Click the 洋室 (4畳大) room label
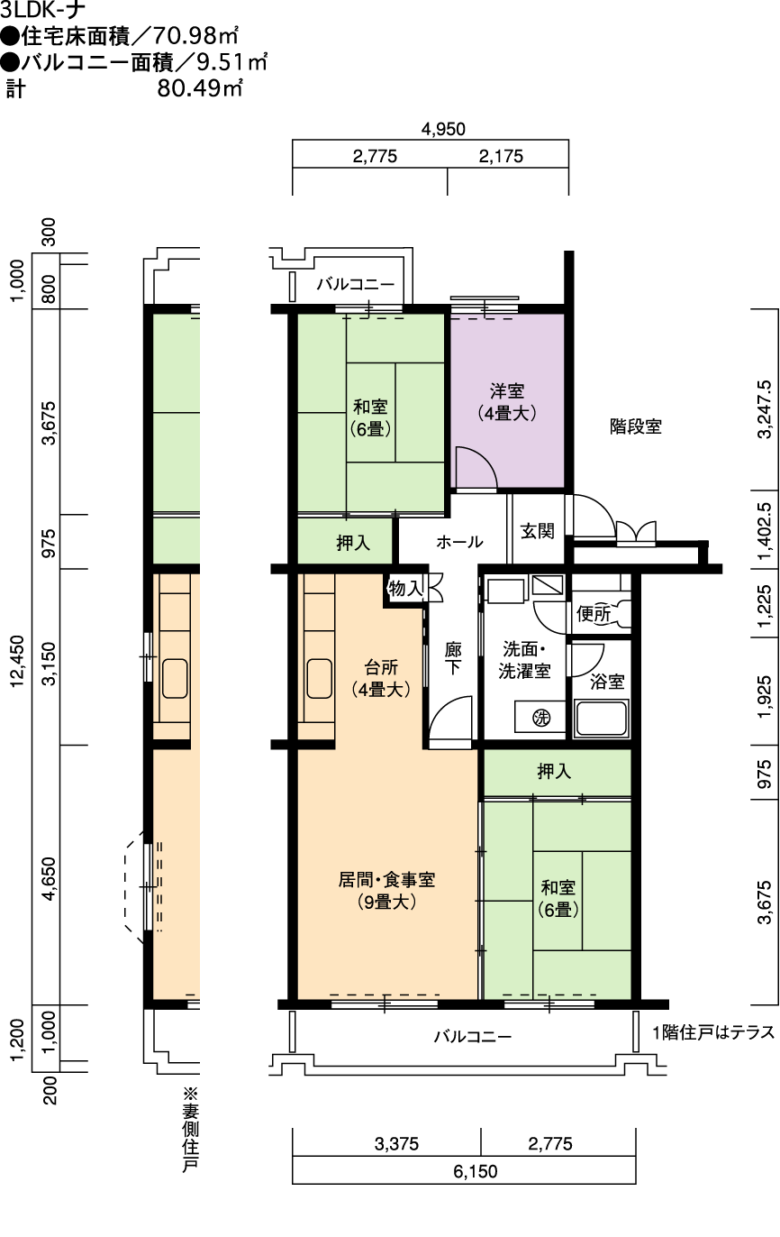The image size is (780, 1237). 507,402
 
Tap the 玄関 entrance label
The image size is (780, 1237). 538,531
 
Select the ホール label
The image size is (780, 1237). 459,542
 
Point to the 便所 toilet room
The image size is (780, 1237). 594,613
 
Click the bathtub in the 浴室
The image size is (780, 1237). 602,718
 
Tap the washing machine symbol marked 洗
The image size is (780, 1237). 541,718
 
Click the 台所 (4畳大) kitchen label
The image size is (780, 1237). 381,678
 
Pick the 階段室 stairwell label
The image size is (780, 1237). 636,426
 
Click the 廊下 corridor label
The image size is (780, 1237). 453,658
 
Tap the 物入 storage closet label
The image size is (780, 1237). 405,588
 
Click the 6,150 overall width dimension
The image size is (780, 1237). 476,1170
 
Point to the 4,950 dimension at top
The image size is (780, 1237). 443,129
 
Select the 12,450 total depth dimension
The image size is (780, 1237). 18,661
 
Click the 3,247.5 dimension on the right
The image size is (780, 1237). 765,408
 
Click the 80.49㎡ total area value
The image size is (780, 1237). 200,87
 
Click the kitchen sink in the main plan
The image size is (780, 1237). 319,679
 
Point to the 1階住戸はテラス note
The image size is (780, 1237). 714,1031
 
